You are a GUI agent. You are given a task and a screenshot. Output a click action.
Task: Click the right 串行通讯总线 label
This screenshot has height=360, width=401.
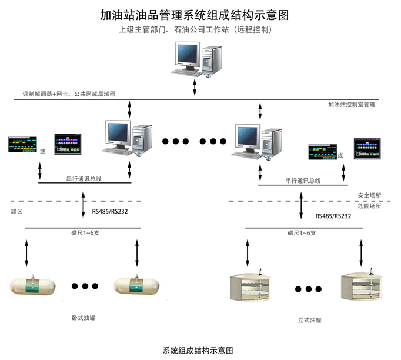tap(303, 181)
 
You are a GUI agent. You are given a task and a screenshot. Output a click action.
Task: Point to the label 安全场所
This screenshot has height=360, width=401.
tap(369, 195)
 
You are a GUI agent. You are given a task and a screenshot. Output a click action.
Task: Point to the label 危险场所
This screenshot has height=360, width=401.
tap(369, 206)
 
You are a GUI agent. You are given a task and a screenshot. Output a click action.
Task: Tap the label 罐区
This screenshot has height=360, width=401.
tap(16, 210)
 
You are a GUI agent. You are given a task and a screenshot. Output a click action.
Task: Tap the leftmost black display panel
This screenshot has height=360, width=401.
tap(21, 145)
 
